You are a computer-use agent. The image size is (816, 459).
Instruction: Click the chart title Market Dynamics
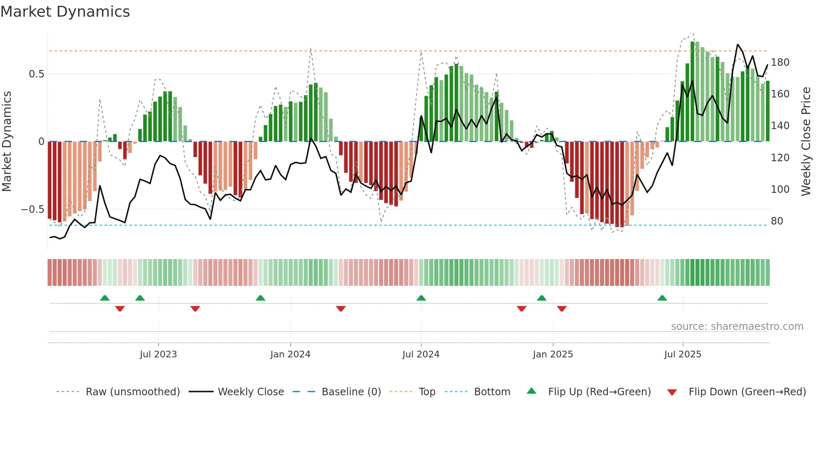(65, 12)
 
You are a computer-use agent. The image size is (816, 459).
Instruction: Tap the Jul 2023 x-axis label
(158, 354)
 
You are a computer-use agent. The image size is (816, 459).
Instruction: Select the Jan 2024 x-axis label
(290, 354)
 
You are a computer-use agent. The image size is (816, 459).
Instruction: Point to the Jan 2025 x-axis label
(553, 354)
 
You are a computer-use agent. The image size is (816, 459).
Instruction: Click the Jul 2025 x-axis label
(683, 354)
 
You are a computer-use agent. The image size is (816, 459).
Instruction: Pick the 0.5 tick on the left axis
(36, 74)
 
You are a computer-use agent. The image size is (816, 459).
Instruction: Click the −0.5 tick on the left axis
(33, 210)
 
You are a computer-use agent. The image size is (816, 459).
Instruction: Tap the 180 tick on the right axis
(780, 62)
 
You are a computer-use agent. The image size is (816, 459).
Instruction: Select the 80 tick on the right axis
(777, 221)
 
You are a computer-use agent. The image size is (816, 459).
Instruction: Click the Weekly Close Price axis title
(806, 142)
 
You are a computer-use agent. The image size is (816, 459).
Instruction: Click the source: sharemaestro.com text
(737, 327)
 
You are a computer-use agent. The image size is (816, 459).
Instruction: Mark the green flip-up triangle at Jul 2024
(421, 298)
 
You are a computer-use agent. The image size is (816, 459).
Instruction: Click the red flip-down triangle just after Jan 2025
(562, 309)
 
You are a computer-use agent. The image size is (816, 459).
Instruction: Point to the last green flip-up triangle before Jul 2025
(662, 298)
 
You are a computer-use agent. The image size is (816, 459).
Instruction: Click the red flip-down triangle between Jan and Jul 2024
(341, 309)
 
